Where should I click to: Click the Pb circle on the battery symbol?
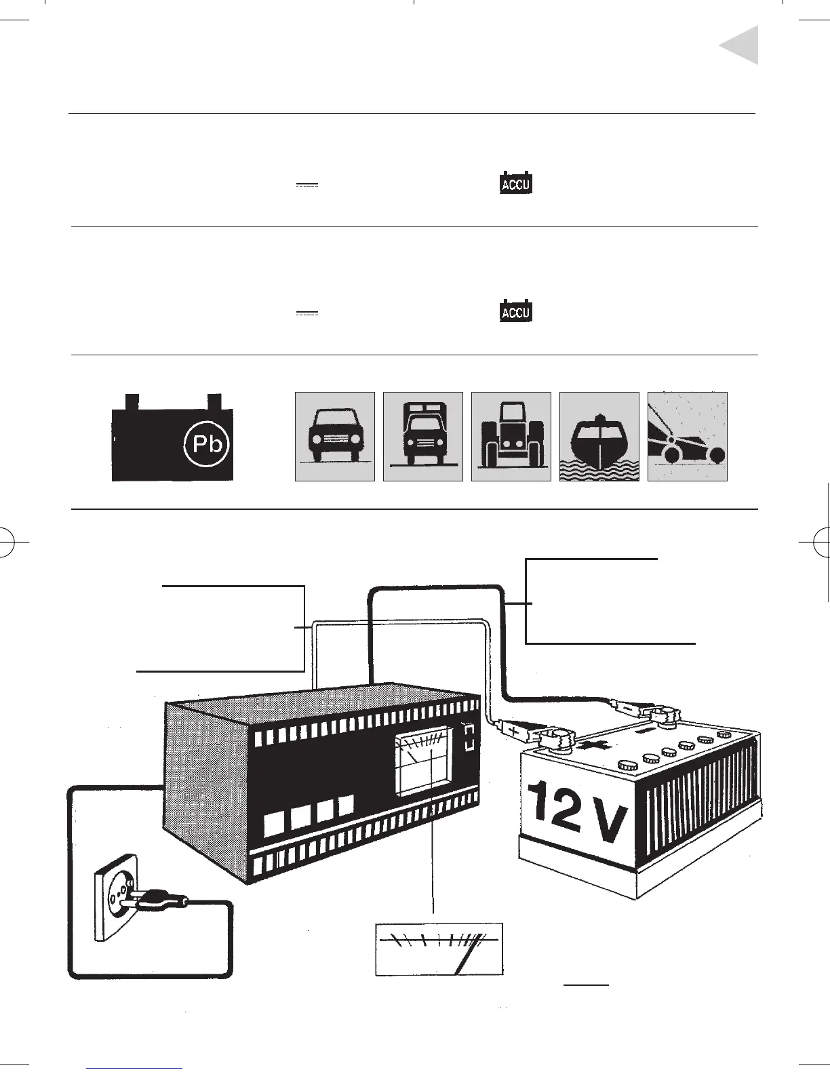click(x=207, y=445)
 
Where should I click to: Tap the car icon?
click(x=335, y=437)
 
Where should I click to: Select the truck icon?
click(x=423, y=437)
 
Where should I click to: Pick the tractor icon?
click(x=511, y=437)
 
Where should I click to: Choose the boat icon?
click(x=599, y=437)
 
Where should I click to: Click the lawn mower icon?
click(x=688, y=437)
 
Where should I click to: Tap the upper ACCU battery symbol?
click(x=516, y=184)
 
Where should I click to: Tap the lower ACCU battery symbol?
click(x=516, y=312)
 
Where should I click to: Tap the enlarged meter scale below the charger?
click(x=439, y=949)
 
